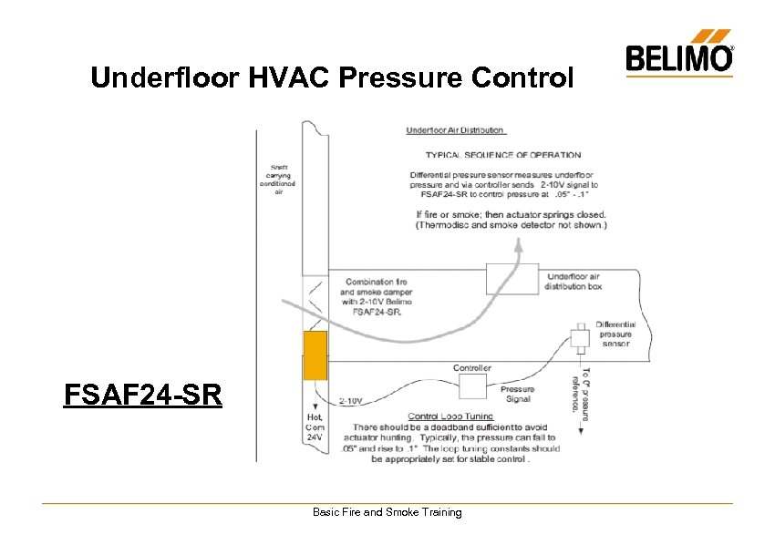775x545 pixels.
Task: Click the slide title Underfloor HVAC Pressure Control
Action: (333, 78)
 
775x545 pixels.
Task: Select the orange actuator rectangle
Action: (315, 355)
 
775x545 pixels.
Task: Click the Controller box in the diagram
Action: (472, 388)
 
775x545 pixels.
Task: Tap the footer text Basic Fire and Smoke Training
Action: (387, 512)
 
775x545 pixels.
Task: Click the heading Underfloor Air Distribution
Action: (456, 130)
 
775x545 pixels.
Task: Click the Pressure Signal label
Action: (518, 394)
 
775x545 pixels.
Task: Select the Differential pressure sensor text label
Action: (615, 334)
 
